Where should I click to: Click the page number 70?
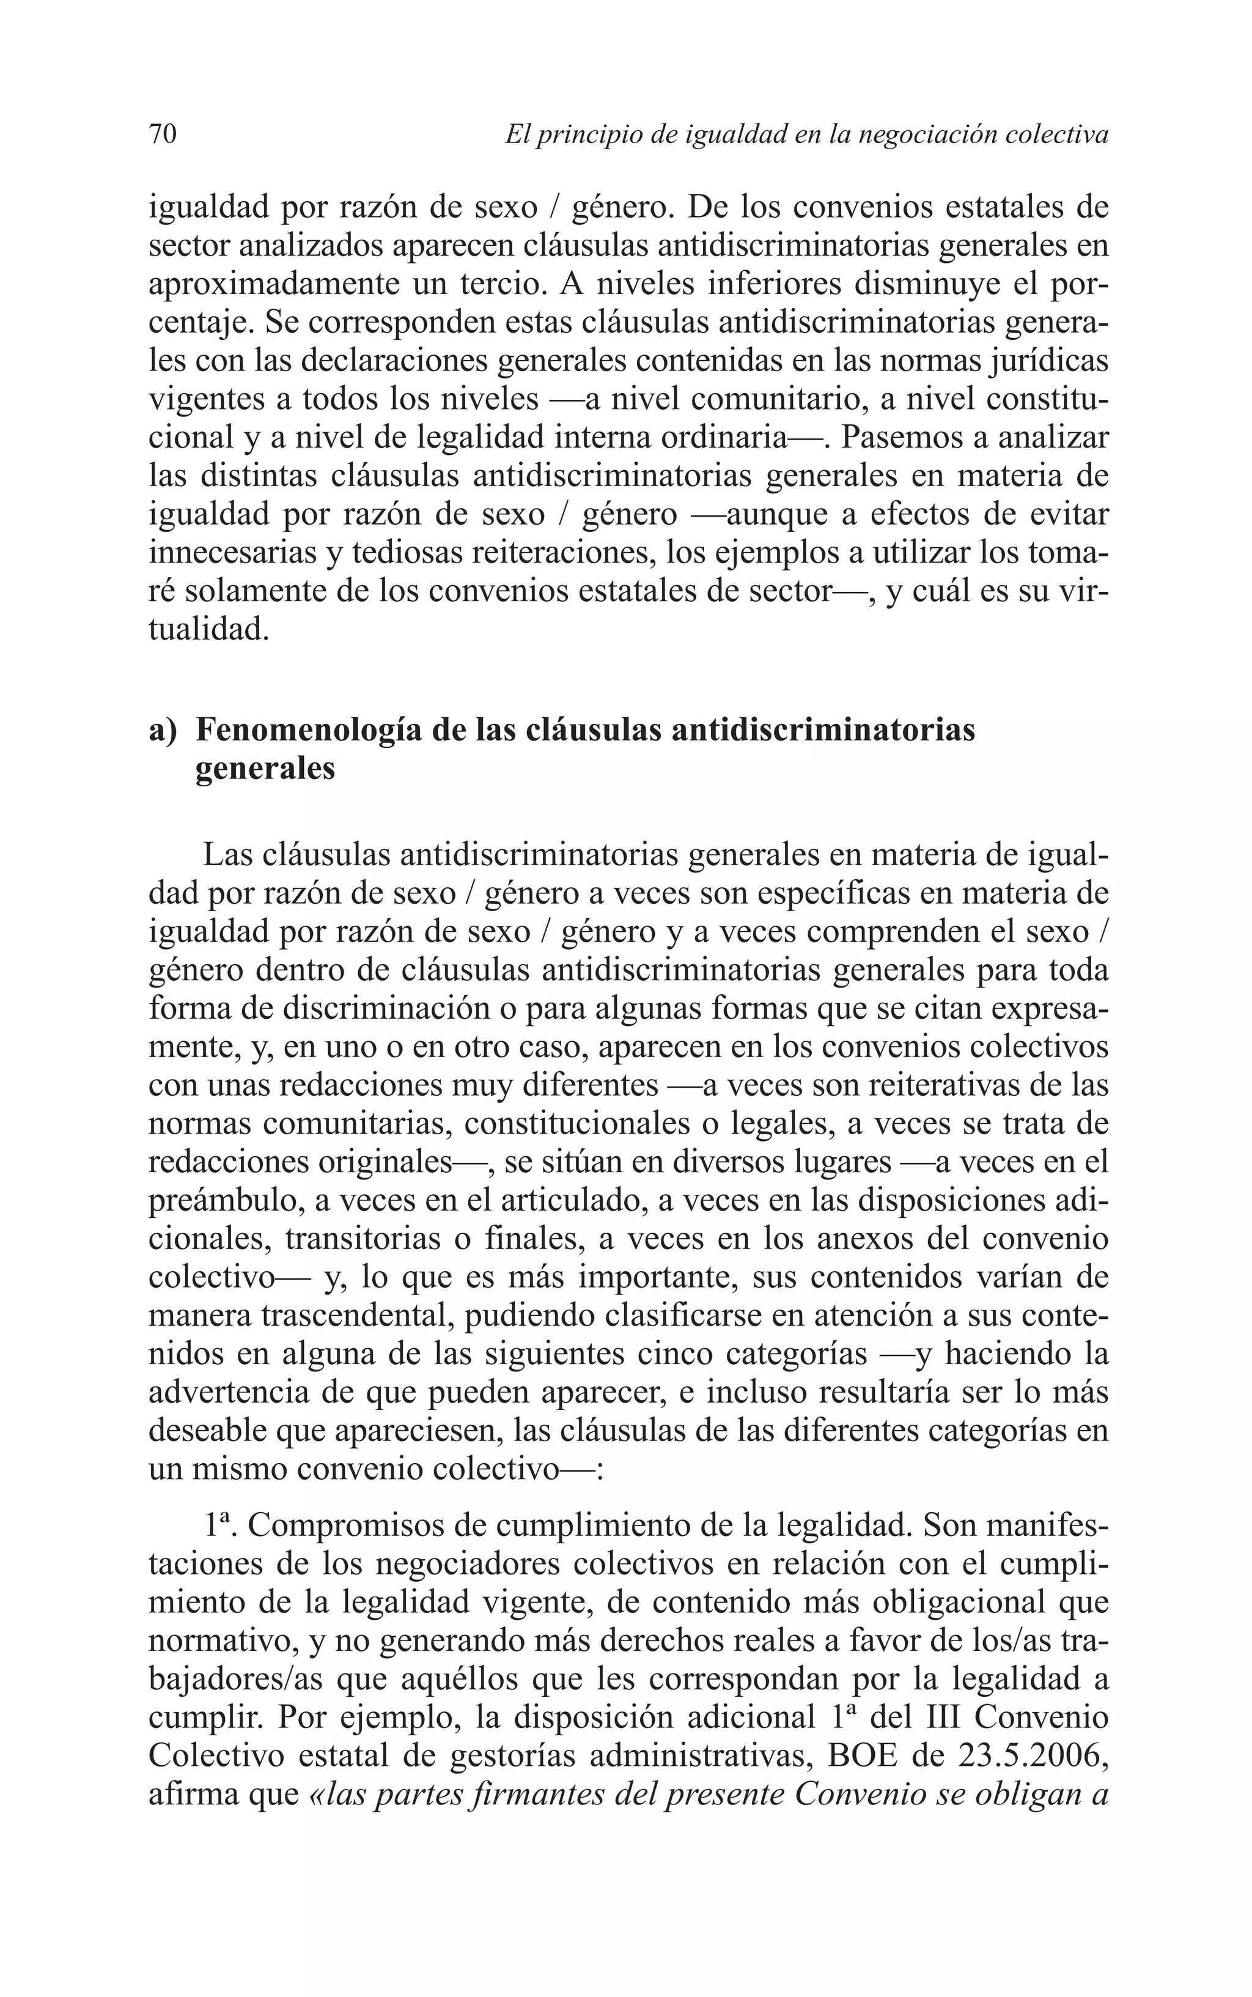click(x=163, y=134)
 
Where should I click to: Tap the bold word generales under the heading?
click(x=265, y=769)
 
